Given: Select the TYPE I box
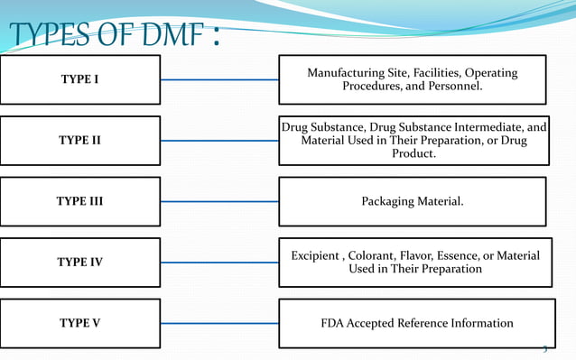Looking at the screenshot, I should (x=80, y=79).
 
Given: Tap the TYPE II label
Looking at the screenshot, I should (x=80, y=140).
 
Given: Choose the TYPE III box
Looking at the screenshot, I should (x=80, y=201).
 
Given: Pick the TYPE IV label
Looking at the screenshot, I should (x=80, y=263).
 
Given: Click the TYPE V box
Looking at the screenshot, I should (x=80, y=323).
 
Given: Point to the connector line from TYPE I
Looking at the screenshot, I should (x=219, y=79).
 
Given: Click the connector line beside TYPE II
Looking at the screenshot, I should (x=219, y=140).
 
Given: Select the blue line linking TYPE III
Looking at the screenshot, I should (x=219, y=201).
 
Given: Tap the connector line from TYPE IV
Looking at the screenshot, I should (x=219, y=263).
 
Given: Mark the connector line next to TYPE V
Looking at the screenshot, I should (x=219, y=323).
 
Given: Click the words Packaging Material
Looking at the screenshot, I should (x=412, y=201).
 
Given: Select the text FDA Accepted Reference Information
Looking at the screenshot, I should (x=417, y=323).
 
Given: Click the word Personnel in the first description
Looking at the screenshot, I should (x=455, y=88).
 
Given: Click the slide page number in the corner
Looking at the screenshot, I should (x=544, y=350).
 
